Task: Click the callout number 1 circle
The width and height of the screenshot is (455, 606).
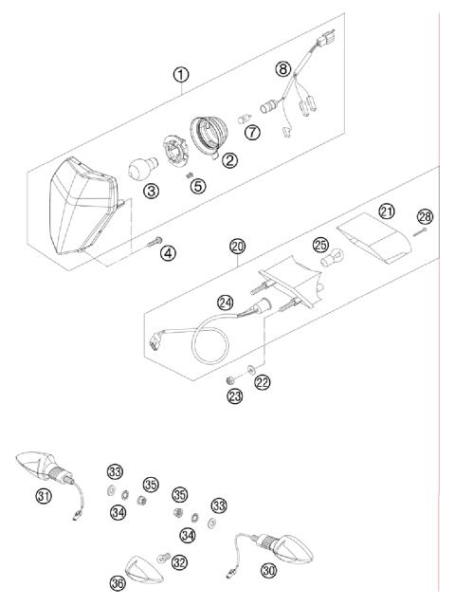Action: point(180,72)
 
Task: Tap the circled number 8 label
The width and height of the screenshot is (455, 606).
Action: point(282,68)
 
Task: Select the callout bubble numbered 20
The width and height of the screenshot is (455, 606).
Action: point(237,246)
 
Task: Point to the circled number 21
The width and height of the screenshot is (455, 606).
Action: point(386,211)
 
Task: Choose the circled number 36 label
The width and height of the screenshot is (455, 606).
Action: point(118,585)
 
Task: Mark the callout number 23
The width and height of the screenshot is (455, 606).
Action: point(234,396)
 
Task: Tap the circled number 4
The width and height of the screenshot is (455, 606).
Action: point(167,253)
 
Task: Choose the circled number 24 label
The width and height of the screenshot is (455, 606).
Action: point(224,303)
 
